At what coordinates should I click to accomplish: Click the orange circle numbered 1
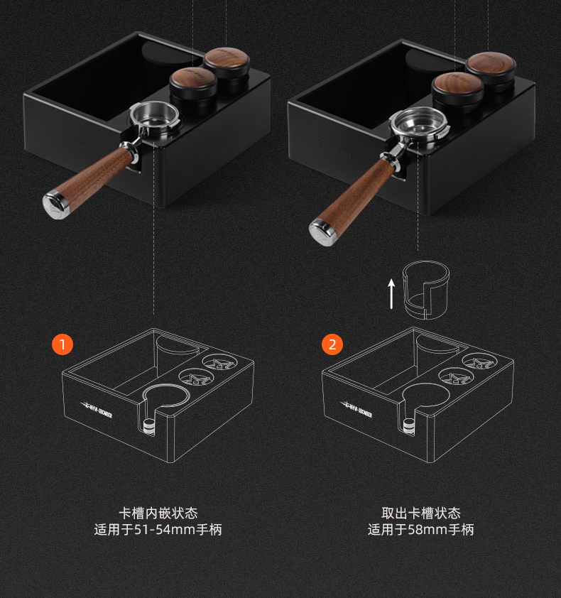point(62,345)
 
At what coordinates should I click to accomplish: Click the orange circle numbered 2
point(332,345)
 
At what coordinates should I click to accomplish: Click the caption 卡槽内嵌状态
point(158,513)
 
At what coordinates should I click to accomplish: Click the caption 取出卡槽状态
point(421,513)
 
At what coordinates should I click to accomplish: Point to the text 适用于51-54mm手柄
point(158,530)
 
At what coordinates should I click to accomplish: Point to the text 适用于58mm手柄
point(421,530)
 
